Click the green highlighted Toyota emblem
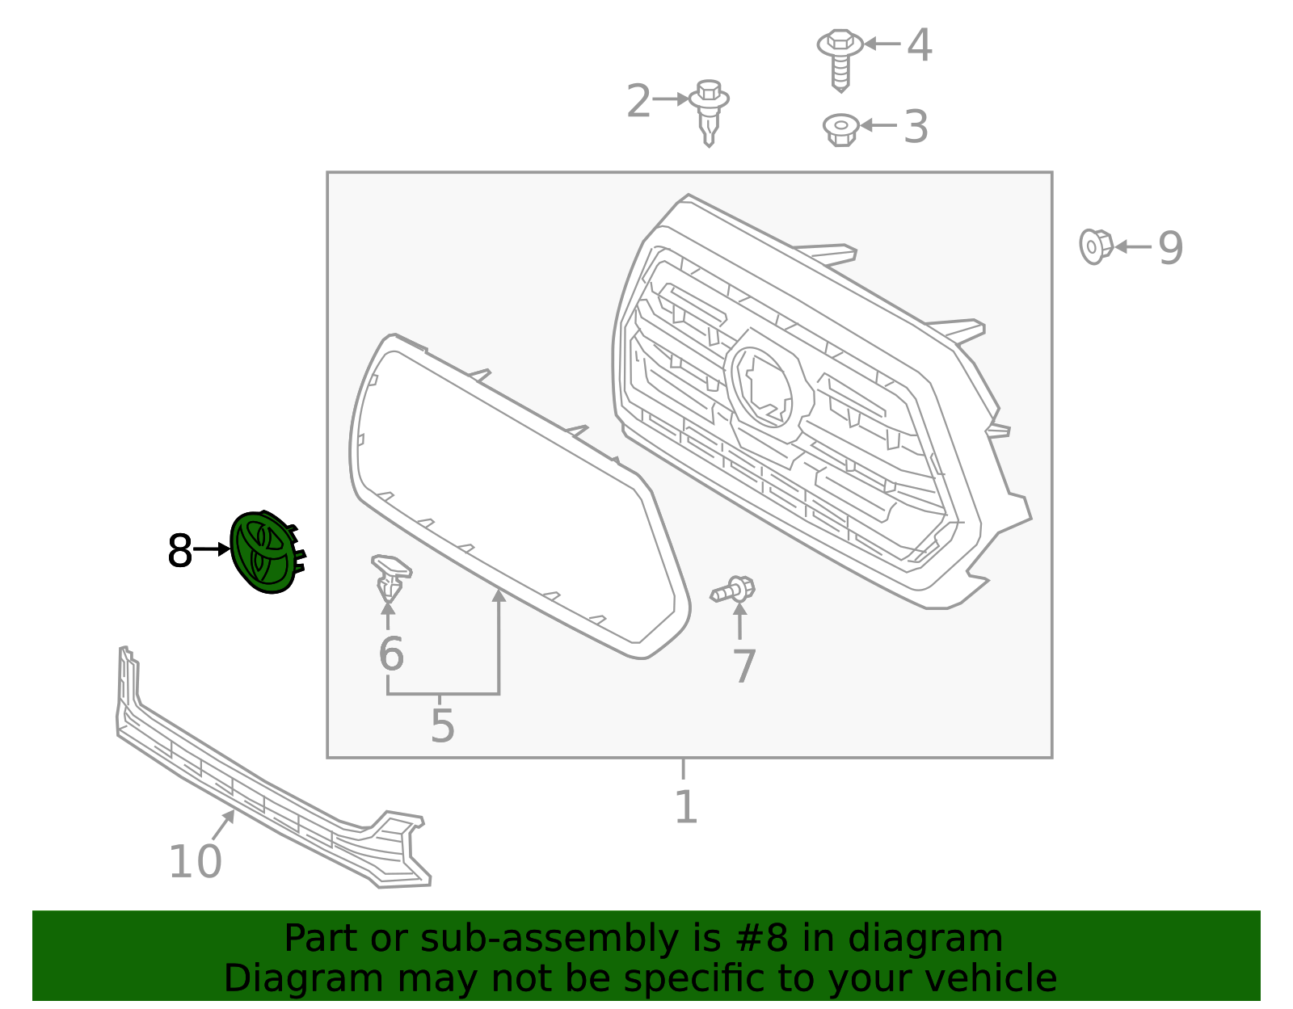tap(262, 553)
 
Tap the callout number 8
tap(179, 552)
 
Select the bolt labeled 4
tap(840, 57)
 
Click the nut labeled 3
tap(840, 128)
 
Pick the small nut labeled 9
tap(1095, 246)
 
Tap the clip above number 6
tap(390, 576)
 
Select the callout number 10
tap(195, 862)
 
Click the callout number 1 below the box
tap(685, 807)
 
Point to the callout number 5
tap(442, 726)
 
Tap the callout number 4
tap(919, 45)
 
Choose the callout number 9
tap(1170, 248)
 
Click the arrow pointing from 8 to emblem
tap(213, 549)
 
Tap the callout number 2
tap(638, 102)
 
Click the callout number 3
tap(916, 127)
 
